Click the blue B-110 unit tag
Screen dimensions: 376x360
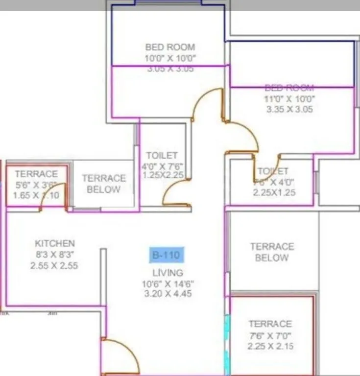pos(167,255)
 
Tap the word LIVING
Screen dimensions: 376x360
pos(168,273)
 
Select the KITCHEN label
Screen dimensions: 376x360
pos(55,243)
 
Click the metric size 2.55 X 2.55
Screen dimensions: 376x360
pos(55,266)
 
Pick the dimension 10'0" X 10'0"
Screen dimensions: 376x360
pos(170,58)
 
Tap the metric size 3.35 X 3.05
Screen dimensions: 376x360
pos(289,109)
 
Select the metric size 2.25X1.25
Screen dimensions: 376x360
pos(274,192)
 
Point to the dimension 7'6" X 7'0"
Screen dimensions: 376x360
pos(270,336)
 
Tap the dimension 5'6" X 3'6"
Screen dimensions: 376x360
pos(36,185)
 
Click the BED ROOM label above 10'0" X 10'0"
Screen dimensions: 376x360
pos(170,47)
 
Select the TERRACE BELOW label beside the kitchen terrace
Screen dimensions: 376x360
pos(103,184)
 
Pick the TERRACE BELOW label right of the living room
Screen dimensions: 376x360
pos(272,252)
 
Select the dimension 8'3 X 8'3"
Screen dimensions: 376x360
pos(55,255)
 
